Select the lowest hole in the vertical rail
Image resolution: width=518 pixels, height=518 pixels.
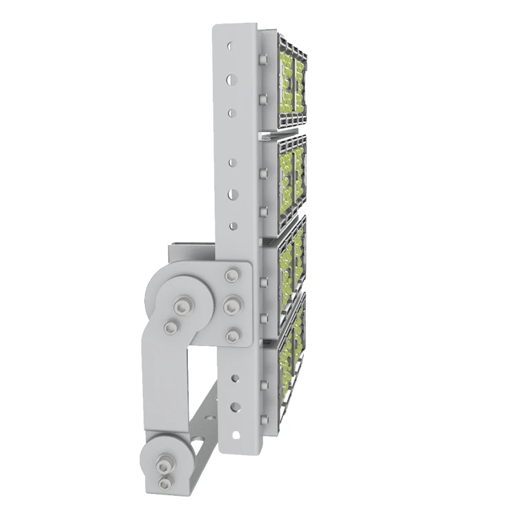tap(235, 435)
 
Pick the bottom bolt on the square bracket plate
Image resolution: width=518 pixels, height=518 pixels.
tap(232, 336)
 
